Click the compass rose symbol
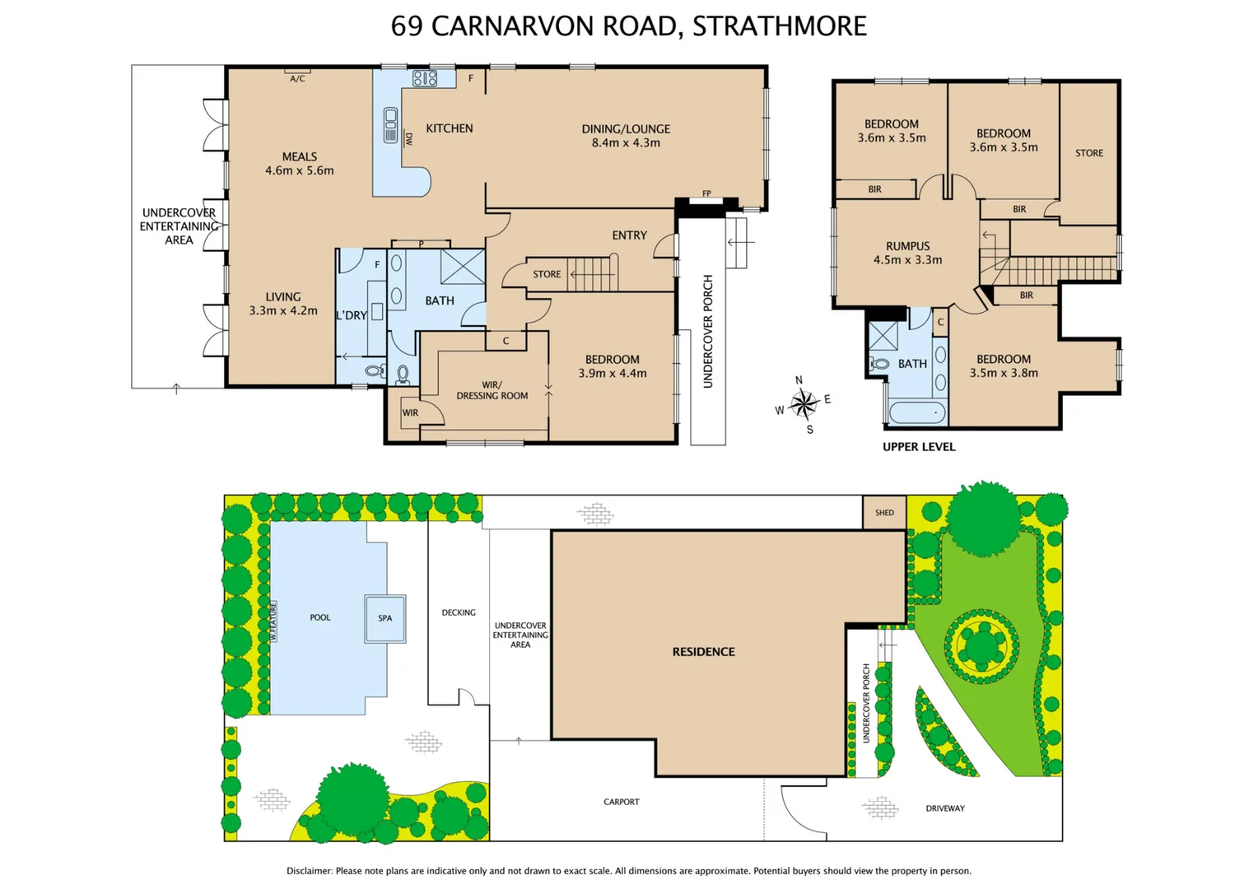pyautogui.click(x=804, y=403)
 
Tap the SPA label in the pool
pyautogui.click(x=385, y=618)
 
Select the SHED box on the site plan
pyautogui.click(x=884, y=512)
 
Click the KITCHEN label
pyautogui.click(x=450, y=128)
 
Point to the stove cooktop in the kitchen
pyautogui.click(x=425, y=78)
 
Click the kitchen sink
pyautogui.click(x=390, y=125)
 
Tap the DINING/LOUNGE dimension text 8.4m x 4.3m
pyautogui.click(x=626, y=143)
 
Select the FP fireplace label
pyautogui.click(x=706, y=194)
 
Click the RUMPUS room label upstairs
pyautogui.click(x=908, y=246)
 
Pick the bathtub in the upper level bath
pyautogui.click(x=917, y=412)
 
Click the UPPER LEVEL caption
pyautogui.click(x=919, y=447)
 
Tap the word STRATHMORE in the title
pyautogui.click(x=779, y=26)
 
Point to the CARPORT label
pyautogui.click(x=621, y=802)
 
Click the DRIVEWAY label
pyautogui.click(x=945, y=808)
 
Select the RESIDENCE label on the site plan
pyautogui.click(x=703, y=652)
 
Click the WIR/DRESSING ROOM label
pyautogui.click(x=492, y=390)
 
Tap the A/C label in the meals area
pyautogui.click(x=297, y=79)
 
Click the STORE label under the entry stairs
pyautogui.click(x=547, y=274)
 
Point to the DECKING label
pyautogui.click(x=459, y=612)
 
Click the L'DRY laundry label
pyautogui.click(x=352, y=315)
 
